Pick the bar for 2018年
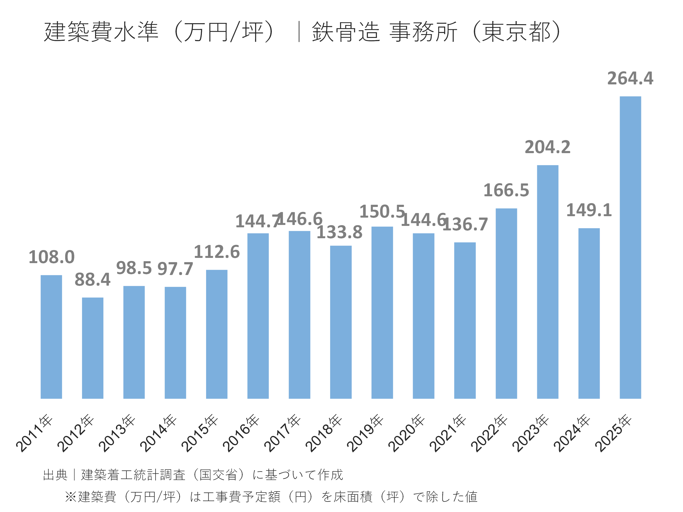click(341, 322)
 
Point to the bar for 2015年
click(217, 334)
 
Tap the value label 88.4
click(93, 280)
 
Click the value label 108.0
click(51, 257)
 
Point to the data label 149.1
click(589, 210)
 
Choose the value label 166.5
click(506, 190)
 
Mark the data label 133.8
click(339, 232)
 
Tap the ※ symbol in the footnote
click(71, 497)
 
